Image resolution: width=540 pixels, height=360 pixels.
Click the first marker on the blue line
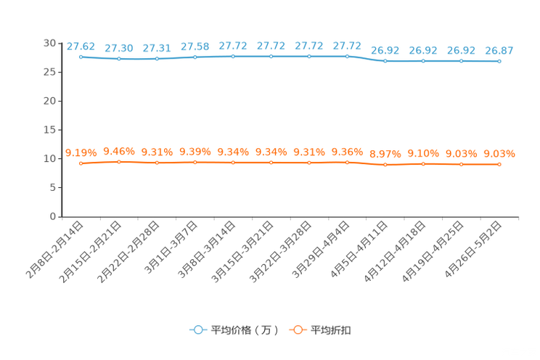81,56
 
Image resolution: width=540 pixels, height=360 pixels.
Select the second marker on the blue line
118,58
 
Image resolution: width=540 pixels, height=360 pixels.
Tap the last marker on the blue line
499,62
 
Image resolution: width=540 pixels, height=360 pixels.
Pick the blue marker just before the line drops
347,56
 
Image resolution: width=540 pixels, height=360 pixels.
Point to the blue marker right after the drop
385,61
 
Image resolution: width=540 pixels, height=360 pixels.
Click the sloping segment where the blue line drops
366,58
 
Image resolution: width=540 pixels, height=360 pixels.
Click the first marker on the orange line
81,163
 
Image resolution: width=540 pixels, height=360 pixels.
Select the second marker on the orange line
118,161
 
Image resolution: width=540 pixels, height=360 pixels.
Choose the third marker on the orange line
157,162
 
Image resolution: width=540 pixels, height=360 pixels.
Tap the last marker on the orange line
499,164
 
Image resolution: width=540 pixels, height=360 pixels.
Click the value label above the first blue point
81,46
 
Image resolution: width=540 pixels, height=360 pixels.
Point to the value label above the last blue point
499,51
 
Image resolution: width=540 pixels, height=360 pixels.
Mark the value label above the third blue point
157,48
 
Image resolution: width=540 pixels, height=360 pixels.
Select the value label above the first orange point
81,152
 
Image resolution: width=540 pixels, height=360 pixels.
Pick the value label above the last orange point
499,153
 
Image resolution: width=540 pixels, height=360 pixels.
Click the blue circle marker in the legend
197,330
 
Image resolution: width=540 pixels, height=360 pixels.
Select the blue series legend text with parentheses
245,330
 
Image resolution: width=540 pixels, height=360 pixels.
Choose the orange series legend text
332,330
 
